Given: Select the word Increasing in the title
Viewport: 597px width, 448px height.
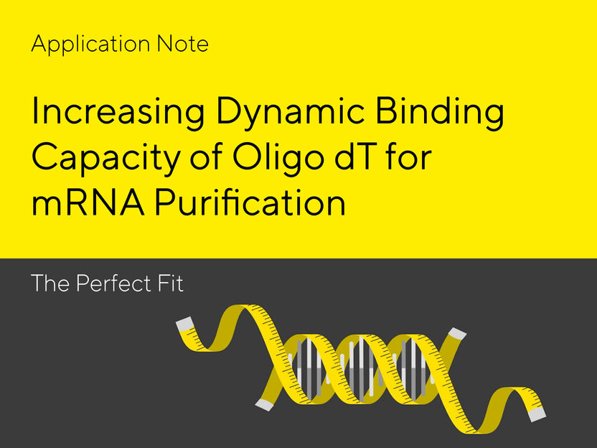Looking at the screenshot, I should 115,115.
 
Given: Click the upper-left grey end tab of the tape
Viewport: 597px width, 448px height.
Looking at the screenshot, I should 184,324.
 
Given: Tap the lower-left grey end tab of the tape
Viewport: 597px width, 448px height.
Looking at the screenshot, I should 264,405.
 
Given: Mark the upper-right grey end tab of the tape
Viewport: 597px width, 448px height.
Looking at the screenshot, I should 457,333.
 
